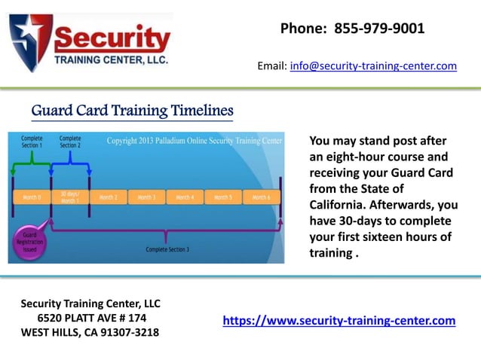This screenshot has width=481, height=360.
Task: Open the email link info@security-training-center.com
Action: click(373, 66)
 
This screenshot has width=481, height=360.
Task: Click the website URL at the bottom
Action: click(339, 321)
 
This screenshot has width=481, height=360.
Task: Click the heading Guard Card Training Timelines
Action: click(132, 111)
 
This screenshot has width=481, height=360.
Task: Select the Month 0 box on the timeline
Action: click(32, 197)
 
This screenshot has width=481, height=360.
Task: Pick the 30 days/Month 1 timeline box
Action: click(69, 197)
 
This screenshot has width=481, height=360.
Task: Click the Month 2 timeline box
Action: click(109, 197)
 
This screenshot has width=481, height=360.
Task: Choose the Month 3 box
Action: click(146, 197)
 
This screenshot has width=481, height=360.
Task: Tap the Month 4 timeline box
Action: click(185, 197)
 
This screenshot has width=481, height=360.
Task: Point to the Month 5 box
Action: click(222, 197)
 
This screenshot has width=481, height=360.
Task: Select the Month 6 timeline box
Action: click(260, 197)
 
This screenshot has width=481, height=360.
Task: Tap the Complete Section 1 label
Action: click(32, 142)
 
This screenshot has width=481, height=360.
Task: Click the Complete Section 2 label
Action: click(70, 142)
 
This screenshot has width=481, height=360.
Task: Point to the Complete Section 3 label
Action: click(167, 249)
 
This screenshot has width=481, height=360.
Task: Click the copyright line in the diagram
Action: click(195, 141)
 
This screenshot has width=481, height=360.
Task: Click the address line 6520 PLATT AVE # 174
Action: click(91, 318)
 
